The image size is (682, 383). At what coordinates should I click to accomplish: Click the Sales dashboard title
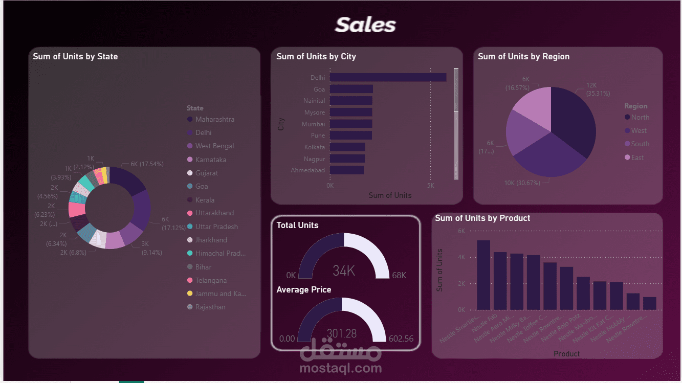(365, 25)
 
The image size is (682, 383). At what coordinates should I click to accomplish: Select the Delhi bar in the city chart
(388, 77)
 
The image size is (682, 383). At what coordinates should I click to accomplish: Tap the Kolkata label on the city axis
(314, 147)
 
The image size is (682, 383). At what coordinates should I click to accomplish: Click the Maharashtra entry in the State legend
(214, 119)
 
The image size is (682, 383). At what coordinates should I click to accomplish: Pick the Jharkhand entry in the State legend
(211, 240)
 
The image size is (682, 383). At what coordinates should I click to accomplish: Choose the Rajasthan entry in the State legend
(210, 307)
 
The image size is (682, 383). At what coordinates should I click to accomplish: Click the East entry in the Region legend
(637, 157)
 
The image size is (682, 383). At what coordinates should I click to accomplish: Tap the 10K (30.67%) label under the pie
(522, 183)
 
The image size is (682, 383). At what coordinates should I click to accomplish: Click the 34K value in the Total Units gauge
(344, 271)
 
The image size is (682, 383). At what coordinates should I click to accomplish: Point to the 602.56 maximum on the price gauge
(401, 339)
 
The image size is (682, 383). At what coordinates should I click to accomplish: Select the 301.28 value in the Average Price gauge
(342, 333)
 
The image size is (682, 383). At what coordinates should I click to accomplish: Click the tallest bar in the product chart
(483, 275)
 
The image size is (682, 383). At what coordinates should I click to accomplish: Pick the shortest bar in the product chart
(650, 303)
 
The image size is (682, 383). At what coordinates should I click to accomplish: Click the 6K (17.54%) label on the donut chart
(147, 164)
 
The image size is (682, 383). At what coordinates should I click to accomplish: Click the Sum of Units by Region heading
(523, 56)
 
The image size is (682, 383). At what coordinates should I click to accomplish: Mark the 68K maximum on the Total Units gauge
(399, 275)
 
